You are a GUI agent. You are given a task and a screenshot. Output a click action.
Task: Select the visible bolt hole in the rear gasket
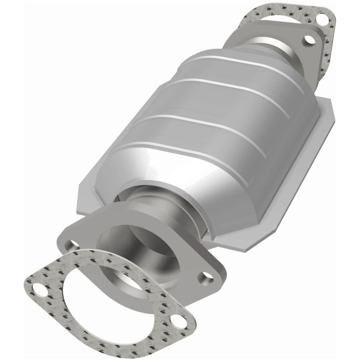[x=323, y=19]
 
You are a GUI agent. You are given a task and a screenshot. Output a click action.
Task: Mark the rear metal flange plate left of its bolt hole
[x=288, y=34]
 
